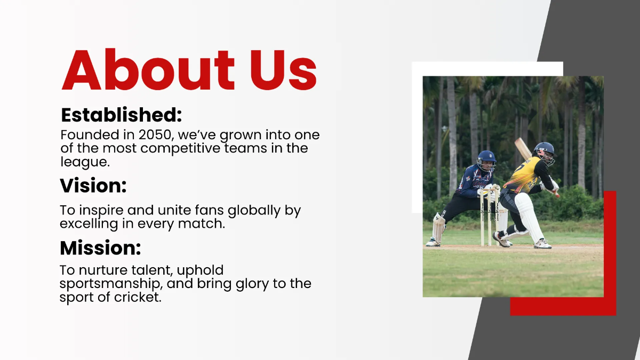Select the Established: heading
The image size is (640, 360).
click(122, 115)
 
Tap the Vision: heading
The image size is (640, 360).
click(93, 186)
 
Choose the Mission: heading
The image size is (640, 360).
click(100, 248)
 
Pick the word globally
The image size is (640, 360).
click(249, 210)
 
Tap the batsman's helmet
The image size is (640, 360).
click(544, 151)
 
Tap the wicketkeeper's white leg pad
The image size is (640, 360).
click(439, 227)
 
